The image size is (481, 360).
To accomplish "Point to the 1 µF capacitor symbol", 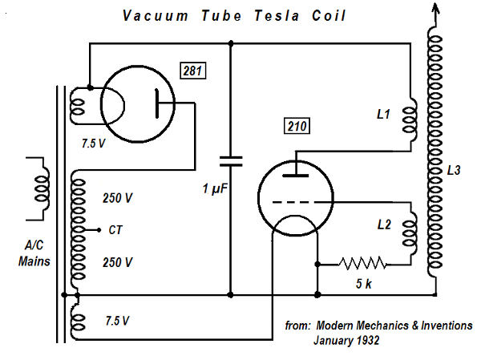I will [231, 160].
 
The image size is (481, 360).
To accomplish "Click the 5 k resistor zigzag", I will [362, 262].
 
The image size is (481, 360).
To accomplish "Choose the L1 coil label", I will [382, 115].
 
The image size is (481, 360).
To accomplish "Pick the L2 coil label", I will [382, 226].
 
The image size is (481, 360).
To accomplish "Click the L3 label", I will [455, 172].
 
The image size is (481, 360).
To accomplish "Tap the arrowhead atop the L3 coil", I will [435, 10].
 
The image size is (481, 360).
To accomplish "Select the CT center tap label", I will [115, 229].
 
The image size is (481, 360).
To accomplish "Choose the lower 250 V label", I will [117, 262].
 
